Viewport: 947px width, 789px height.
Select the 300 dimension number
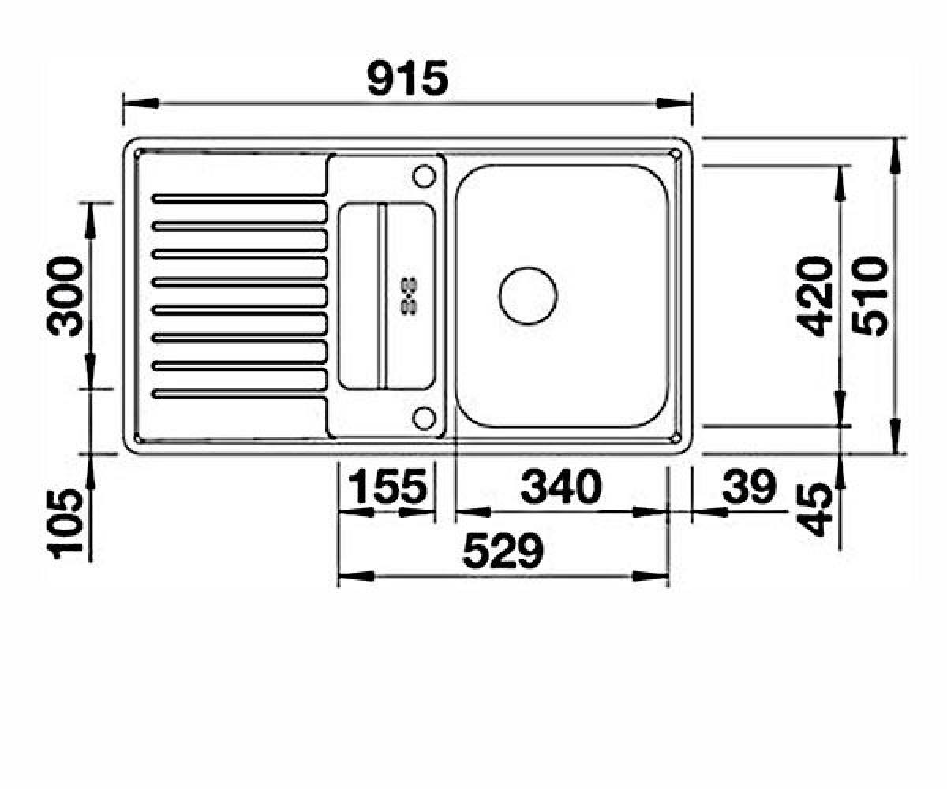66,297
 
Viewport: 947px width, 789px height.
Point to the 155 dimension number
388,487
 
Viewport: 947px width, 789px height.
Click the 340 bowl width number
561,487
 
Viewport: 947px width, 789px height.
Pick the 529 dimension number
503,551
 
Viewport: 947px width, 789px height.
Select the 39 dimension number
749,487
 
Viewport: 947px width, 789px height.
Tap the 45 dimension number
815,510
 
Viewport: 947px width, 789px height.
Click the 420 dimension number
815,297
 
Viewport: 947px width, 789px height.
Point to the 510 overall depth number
869,297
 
